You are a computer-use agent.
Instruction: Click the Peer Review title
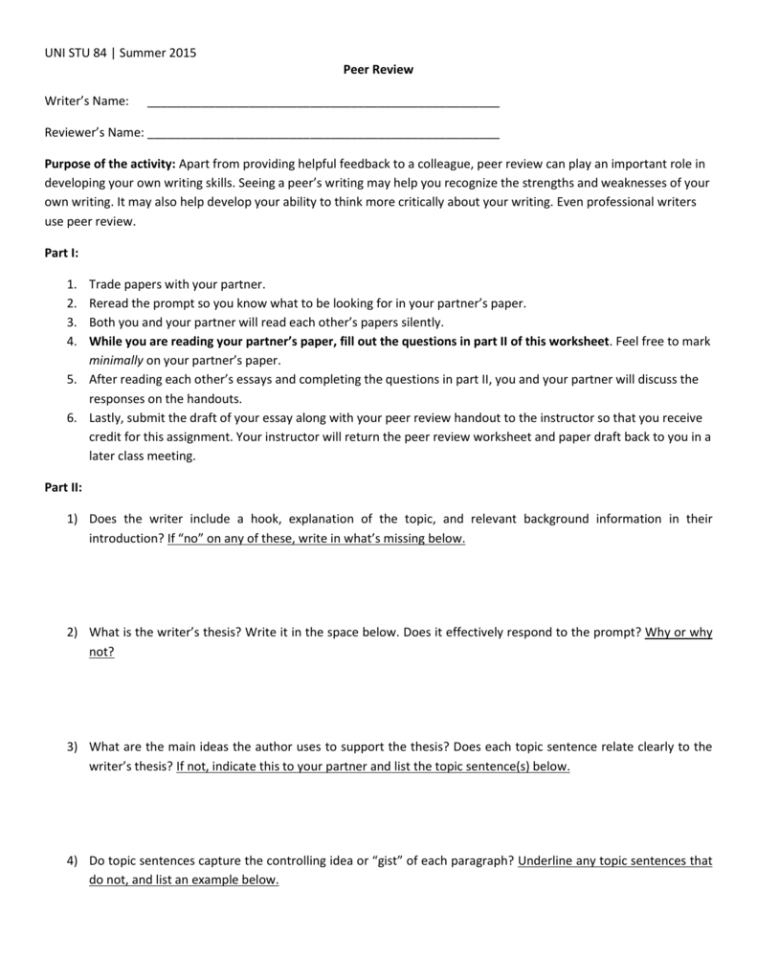(378, 70)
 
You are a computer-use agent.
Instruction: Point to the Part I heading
(61, 253)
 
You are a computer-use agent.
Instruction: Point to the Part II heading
(63, 487)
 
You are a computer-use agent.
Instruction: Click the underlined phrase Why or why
(679, 633)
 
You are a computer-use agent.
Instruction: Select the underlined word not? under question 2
(101, 652)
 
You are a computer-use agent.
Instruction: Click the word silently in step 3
(423, 323)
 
